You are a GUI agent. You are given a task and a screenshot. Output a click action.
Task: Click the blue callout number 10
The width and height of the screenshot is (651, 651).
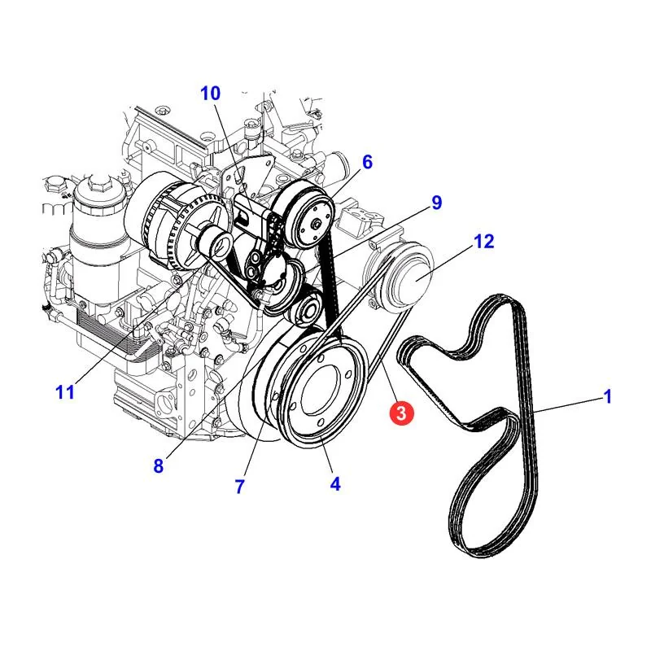click(x=211, y=94)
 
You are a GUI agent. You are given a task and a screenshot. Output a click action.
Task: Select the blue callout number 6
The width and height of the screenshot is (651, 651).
click(x=367, y=162)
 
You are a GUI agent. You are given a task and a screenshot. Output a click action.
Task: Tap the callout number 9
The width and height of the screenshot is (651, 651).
click(x=436, y=203)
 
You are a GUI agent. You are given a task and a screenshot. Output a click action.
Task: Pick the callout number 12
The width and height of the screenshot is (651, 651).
click(x=484, y=241)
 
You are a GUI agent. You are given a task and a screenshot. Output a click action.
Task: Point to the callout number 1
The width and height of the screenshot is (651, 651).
click(x=607, y=396)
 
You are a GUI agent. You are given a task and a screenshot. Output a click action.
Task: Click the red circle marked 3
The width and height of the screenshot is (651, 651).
click(x=401, y=413)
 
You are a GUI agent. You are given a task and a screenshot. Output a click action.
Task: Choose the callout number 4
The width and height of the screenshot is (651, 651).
click(x=335, y=483)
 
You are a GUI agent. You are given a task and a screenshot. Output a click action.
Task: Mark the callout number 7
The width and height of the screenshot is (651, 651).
click(x=239, y=487)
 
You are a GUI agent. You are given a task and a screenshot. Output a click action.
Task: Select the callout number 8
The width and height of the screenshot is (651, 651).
click(x=158, y=465)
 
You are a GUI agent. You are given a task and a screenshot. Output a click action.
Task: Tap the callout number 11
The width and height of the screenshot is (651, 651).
click(x=65, y=391)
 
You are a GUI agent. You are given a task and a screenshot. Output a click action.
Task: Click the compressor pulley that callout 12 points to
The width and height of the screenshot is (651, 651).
click(x=409, y=276)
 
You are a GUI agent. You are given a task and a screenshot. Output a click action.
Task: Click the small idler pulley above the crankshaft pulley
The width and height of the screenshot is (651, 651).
click(x=307, y=309)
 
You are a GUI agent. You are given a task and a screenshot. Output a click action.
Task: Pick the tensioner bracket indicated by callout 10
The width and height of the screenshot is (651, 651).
click(x=256, y=233)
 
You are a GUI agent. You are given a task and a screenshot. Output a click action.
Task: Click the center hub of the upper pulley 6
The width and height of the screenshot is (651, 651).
click(x=317, y=224)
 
